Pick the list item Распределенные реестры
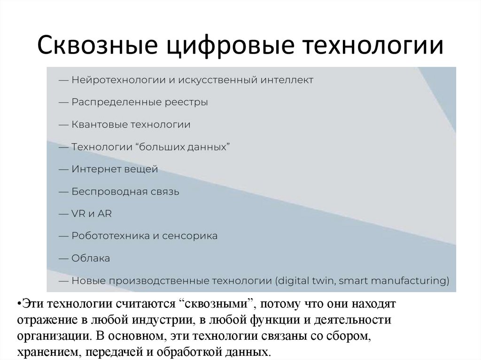pyautogui.click(x=140, y=102)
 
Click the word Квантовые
pyautogui.click(x=99, y=125)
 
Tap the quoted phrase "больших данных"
pyautogui.click(x=182, y=147)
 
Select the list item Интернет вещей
pyautogui.click(x=115, y=169)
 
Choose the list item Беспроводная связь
pyautogui.click(x=125, y=192)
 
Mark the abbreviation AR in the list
pyautogui.click(x=105, y=214)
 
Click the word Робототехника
pyautogui.click(x=110, y=236)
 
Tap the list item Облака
pyautogui.click(x=91, y=259)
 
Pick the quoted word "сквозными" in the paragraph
pyautogui.click(x=215, y=304)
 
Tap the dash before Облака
pyautogui.click(x=64, y=259)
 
